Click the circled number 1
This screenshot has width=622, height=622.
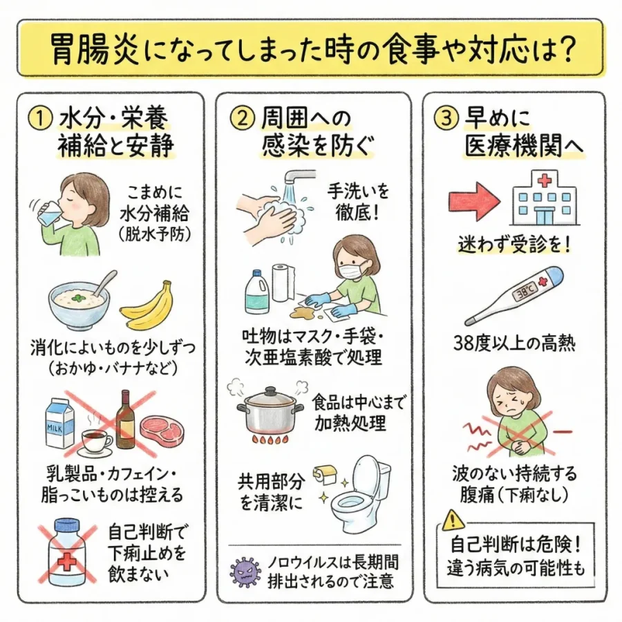coord(39,117)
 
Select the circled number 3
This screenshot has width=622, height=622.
coord(446,118)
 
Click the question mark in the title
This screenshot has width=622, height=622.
coord(564,48)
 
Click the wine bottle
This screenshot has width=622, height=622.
coord(125,420)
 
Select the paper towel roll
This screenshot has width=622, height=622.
coord(282,283)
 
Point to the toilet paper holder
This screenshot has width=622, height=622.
coord(325,474)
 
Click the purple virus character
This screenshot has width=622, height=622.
coord(246,572)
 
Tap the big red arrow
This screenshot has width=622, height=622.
coord(474,202)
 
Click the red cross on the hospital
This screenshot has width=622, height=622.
coord(545,181)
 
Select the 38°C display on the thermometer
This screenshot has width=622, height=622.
coord(525,294)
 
